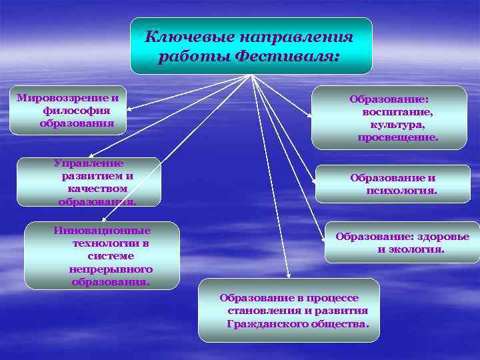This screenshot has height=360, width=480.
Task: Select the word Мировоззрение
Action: click(63, 97)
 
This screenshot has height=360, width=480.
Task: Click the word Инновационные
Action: click(102, 231)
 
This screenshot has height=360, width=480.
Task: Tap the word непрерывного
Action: click(111, 269)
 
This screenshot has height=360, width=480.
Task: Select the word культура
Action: click(397, 124)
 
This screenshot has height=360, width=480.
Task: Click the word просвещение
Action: click(397, 137)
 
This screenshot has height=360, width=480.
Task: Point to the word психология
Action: click(401, 191)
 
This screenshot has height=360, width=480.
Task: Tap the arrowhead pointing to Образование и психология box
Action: click(313, 183)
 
